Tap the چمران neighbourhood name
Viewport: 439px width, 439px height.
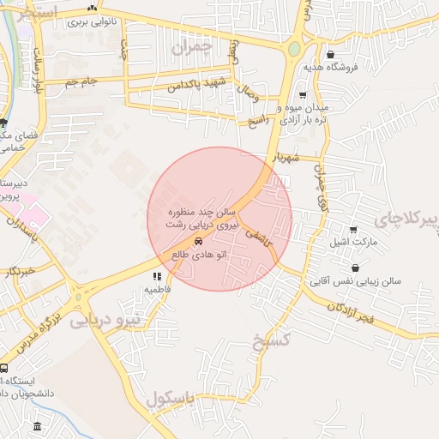click(x=189, y=49)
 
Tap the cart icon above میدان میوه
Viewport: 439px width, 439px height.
click(x=302, y=94)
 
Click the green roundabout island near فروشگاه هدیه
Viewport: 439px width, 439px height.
click(x=295, y=50)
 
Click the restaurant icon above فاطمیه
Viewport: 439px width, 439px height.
click(x=157, y=276)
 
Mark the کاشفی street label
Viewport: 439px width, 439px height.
click(x=261, y=238)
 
